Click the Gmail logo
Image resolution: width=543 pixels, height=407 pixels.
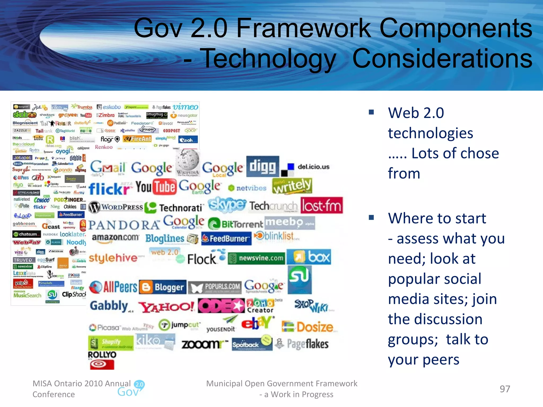[107, 168]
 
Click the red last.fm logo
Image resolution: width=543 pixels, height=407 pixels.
[322, 205]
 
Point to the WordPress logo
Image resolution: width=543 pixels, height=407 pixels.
[116, 207]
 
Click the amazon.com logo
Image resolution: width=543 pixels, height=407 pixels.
[115, 237]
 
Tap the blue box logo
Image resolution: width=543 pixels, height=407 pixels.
[309, 257]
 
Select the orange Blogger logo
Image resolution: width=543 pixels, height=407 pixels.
[163, 287]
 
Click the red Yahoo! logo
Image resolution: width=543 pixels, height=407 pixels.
[167, 307]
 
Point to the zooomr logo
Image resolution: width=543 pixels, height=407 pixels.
[204, 344]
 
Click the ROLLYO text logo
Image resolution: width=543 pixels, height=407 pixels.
[102, 355]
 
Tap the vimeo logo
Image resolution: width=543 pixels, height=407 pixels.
[185, 107]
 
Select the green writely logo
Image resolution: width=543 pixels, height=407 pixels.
[292, 186]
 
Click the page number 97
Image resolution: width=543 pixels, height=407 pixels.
[505, 389]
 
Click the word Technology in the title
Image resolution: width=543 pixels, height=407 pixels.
[268, 59]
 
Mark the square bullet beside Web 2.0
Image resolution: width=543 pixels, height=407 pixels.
[371, 112]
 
